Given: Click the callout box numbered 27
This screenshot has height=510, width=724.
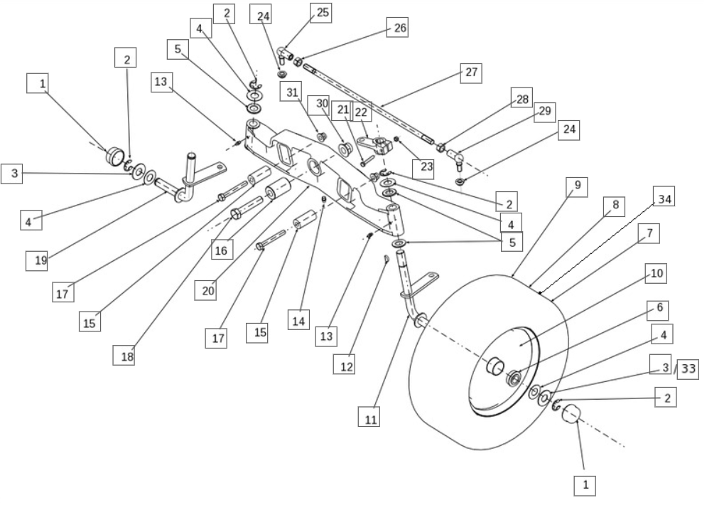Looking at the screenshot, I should [471, 73].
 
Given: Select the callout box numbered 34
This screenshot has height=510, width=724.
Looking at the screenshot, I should [663, 198].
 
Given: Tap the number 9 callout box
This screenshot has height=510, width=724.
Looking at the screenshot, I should [577, 186].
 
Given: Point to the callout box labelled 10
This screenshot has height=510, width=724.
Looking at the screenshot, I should [656, 273].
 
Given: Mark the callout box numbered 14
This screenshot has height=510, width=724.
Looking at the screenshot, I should [299, 320].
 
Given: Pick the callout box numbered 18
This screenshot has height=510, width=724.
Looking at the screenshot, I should [124, 356].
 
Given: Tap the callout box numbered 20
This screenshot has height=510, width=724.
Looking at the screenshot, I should [205, 290].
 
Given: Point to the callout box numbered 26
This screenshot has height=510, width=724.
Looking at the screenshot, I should [400, 28].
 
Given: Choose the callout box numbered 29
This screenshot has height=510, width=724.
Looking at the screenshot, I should [545, 112].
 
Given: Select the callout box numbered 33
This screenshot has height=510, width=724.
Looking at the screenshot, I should [688, 368].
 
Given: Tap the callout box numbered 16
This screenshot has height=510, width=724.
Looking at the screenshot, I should [220, 250].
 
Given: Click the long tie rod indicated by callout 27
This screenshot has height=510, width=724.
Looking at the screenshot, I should [369, 103].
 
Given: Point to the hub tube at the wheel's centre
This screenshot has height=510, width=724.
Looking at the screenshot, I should [495, 367].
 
